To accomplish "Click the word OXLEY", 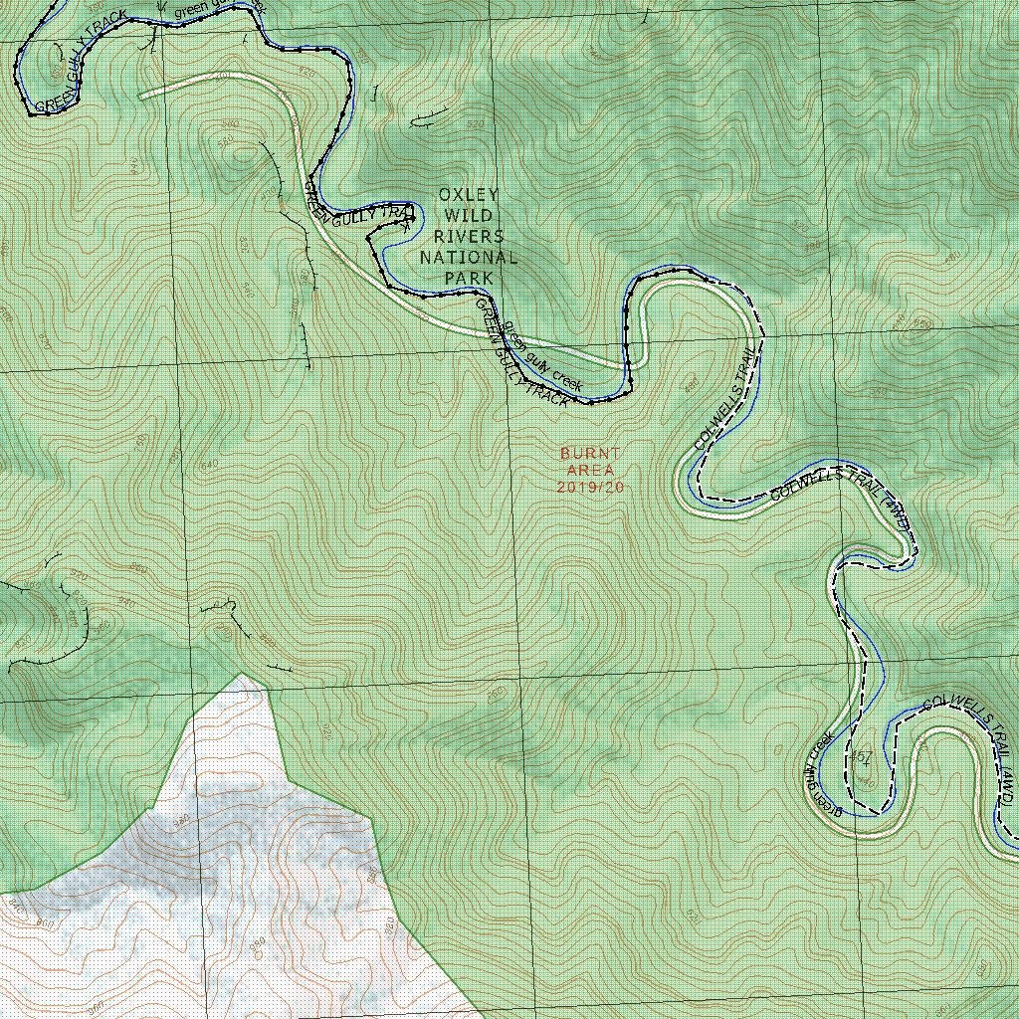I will tap(469, 195).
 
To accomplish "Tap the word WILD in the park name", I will tap(468, 216).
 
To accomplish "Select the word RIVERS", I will tap(469, 237).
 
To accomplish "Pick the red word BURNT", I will tap(590, 454).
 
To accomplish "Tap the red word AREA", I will tap(590, 470).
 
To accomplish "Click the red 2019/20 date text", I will tap(590, 487).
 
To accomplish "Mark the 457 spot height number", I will tap(862, 758).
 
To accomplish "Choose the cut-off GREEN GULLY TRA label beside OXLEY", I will tap(358, 203).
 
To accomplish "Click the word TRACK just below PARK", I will tap(546, 393).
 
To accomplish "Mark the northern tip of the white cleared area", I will tap(241, 676).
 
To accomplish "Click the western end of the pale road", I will tap(142, 96).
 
